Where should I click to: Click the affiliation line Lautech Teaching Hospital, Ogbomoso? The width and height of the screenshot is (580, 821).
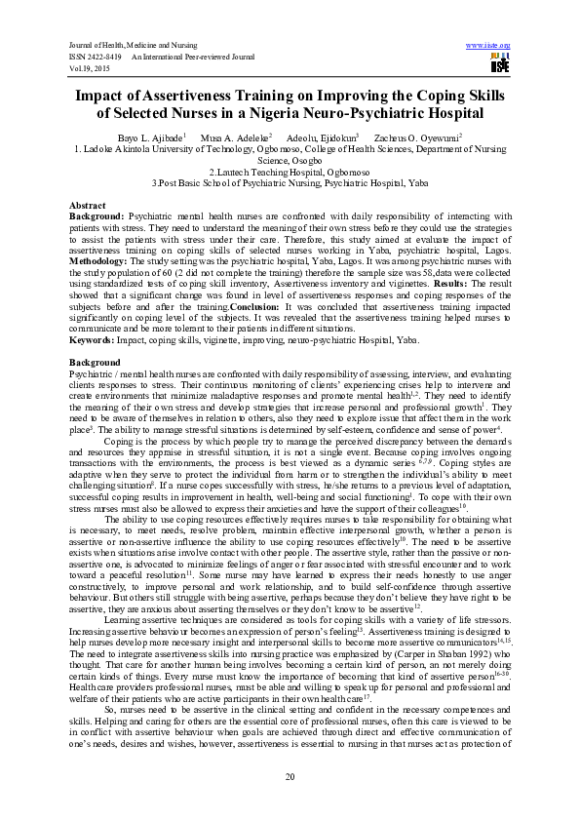point(290,171)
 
